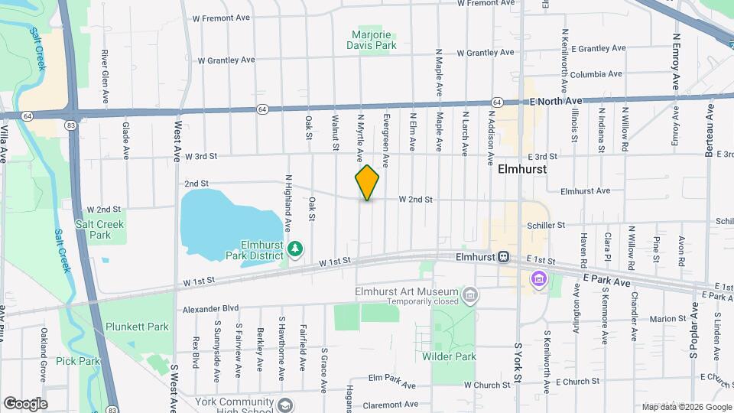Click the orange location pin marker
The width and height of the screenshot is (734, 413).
click(367, 183)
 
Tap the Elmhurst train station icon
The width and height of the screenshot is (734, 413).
click(504, 257)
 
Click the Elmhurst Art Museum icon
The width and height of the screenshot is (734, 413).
click(471, 294)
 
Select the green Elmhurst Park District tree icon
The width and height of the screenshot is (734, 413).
click(295, 249)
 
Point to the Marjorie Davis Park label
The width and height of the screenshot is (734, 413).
click(375, 40)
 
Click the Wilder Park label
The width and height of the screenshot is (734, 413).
click(449, 356)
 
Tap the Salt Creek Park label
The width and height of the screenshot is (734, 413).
click(99, 229)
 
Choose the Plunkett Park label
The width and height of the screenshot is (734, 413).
click(137, 327)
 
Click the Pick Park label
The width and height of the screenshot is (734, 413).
click(78, 361)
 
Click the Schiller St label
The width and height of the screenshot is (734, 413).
click(545, 226)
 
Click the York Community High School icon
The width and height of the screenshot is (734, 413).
click(285, 405)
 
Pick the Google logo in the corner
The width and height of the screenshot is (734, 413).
click(24, 403)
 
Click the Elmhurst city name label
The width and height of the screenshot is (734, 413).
click(522, 170)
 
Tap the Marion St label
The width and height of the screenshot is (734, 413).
click(669, 319)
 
